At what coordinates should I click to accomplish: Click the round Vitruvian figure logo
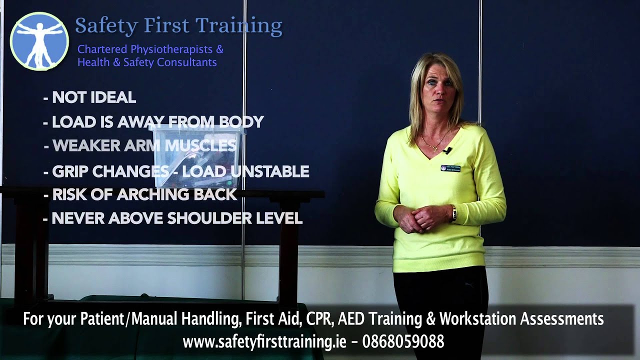click(39, 41)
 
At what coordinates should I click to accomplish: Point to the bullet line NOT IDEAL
click(90, 97)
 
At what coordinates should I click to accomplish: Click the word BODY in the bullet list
click(244, 121)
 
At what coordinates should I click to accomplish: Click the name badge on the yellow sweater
click(450, 168)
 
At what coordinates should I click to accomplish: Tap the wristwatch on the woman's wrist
click(453, 213)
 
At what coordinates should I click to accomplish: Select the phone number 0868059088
click(403, 341)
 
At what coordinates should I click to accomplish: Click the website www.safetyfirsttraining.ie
click(264, 341)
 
